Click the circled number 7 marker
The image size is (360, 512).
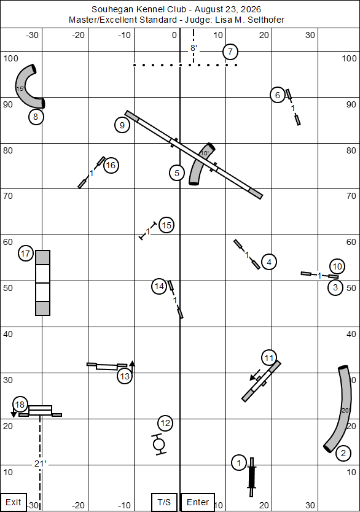230,52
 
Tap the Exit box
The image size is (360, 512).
14,502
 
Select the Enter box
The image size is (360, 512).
198,502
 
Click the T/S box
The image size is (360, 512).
164,502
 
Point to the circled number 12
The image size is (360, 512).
165,424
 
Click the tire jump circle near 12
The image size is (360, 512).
159,444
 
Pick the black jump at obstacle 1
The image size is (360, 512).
251,477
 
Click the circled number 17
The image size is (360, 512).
25,254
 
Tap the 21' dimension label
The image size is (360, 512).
41,464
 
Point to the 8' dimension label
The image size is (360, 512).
194,48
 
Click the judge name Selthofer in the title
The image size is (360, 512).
266,20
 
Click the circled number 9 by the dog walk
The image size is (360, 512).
122,125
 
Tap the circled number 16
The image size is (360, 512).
111,166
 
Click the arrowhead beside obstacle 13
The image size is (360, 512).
132,363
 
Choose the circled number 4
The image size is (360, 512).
269,262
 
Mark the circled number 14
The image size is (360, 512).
159,287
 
